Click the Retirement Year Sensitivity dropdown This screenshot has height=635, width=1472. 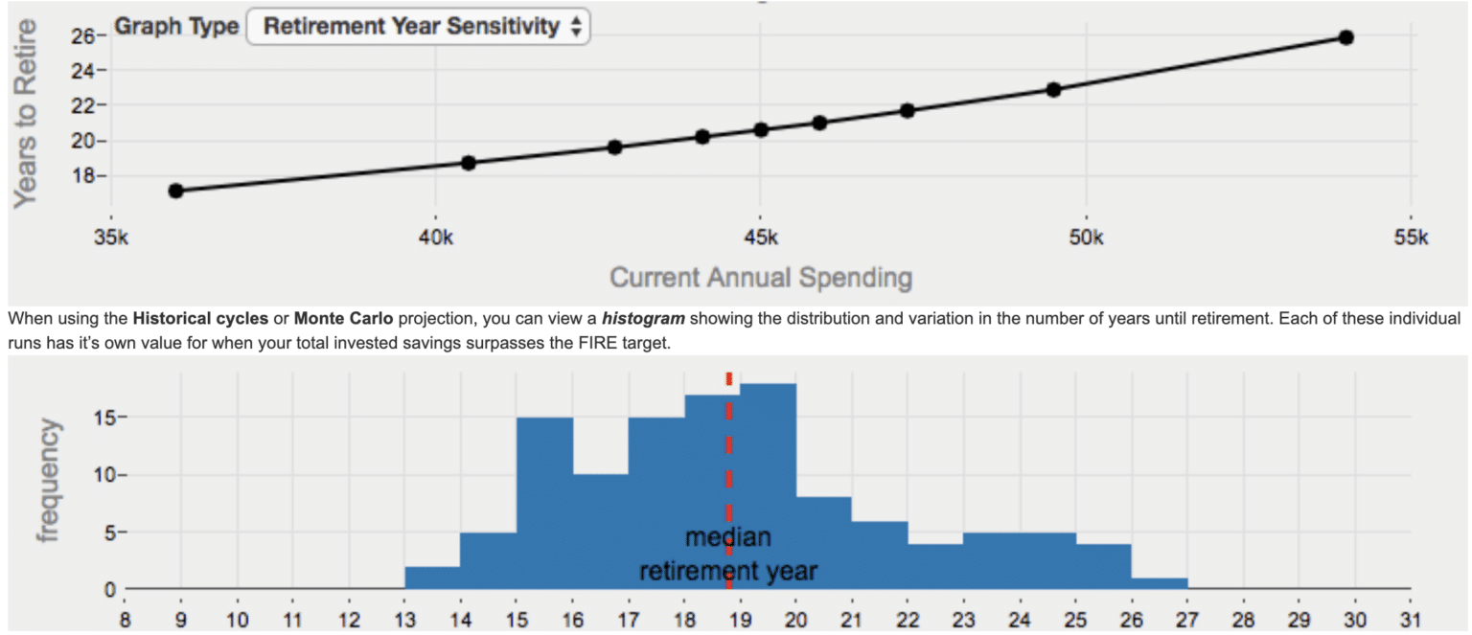418,27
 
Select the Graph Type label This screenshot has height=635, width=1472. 176,27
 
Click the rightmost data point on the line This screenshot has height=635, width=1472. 1345,37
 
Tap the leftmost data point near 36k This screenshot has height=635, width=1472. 175,191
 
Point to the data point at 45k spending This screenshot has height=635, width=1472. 761,129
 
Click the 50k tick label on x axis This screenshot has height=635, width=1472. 1085,238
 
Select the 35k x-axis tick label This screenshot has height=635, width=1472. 110,238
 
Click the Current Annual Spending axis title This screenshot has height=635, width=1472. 760,279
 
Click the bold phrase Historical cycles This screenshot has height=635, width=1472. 200,318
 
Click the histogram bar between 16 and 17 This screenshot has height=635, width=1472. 601,532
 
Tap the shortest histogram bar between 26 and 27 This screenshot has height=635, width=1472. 1159,583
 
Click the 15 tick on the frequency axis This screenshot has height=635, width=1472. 107,418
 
